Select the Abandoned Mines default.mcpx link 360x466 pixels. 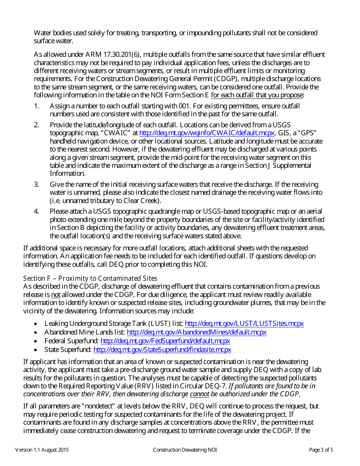pos(196,332)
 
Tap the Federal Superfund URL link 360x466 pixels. pos(165,341)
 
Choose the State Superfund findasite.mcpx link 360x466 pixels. pos(162,350)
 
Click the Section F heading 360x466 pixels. pos(90,278)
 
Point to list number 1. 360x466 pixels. pos(36,106)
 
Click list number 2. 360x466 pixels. pos(36,125)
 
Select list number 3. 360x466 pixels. pos(36,185)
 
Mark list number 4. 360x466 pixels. pos(36,211)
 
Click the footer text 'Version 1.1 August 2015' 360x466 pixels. pos(42,450)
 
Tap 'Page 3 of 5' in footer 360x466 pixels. pos(321,450)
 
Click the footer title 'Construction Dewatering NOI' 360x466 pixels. pos(185,450)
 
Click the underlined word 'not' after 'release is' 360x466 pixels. pos(56,295)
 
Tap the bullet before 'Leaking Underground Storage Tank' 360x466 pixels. pos(36,324)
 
